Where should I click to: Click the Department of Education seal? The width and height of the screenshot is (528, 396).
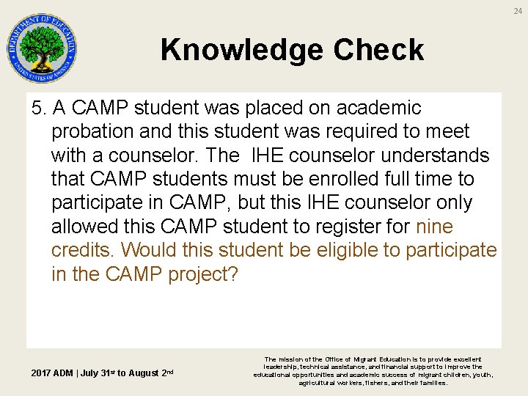coord(42,48)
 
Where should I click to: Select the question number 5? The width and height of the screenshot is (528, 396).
coord(38,109)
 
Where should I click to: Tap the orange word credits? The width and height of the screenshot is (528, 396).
coord(84,250)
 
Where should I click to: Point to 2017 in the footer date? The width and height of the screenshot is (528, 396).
coord(43,373)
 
